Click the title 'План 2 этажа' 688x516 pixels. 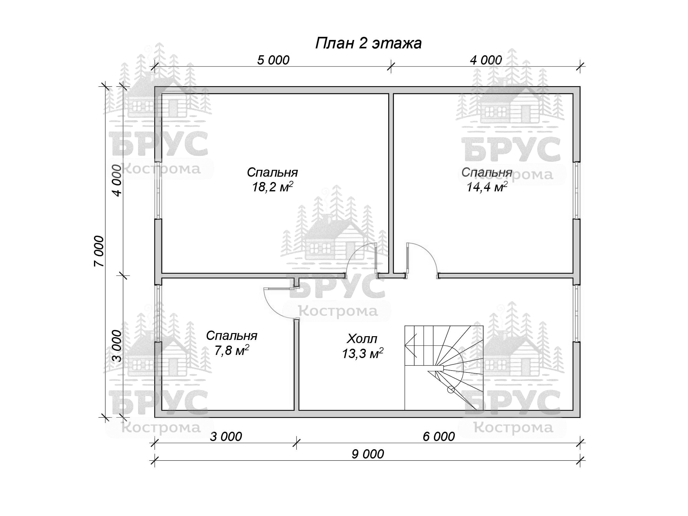pyautogui.click(x=368, y=43)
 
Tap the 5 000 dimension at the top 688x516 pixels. pyautogui.click(x=273, y=60)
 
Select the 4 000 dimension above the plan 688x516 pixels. pyautogui.click(x=486, y=60)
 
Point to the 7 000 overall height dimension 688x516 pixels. pyautogui.click(x=99, y=251)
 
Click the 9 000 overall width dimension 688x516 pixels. pyautogui.click(x=368, y=455)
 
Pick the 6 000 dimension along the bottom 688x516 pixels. pyautogui.click(x=439, y=437)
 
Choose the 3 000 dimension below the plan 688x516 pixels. pyautogui.click(x=226, y=437)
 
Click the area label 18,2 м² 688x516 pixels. pyautogui.click(x=273, y=187)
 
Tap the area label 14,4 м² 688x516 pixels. pyautogui.click(x=487, y=187)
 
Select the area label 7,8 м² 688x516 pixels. pyautogui.click(x=231, y=350)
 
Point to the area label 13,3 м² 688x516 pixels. pyautogui.click(x=362, y=353)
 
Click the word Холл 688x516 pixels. pyautogui.click(x=362, y=339)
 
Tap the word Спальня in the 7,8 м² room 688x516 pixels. pyautogui.click(x=232, y=336)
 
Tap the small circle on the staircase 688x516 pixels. pyautogui.click(x=451, y=390)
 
